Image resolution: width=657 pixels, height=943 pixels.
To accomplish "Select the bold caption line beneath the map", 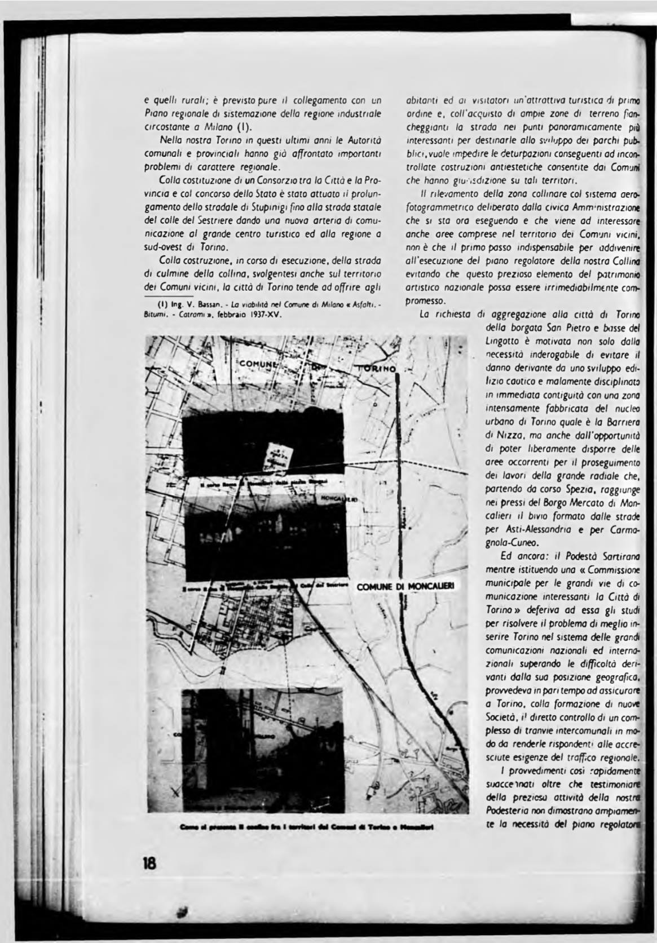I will tap(307, 827).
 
